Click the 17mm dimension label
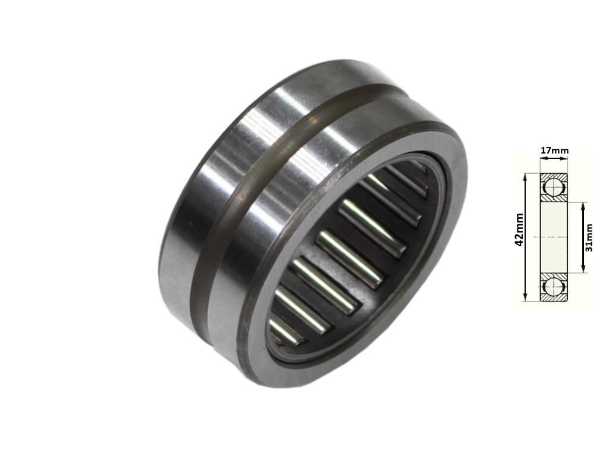pyautogui.click(x=554, y=151)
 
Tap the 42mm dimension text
pyautogui.click(x=519, y=230)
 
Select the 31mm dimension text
pyautogui.click(x=589, y=237)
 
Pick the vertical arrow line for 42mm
pyautogui.click(x=526, y=238)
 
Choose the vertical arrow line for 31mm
pyautogui.click(x=582, y=238)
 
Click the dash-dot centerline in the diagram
pyautogui.click(x=554, y=237)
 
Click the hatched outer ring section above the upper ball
pyautogui.click(x=554, y=176)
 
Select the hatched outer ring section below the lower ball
pyautogui.click(x=554, y=298)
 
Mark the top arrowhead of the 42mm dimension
pyautogui.click(x=526, y=176)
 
